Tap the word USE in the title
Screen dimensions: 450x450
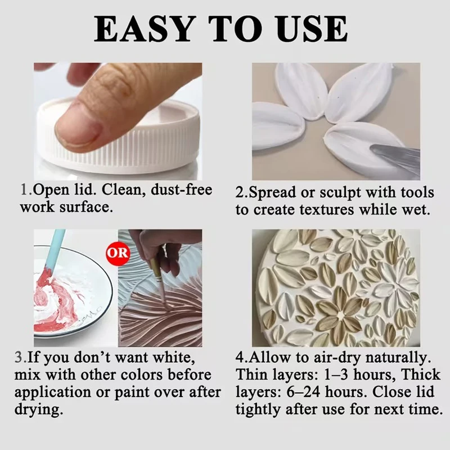[x=312, y=29]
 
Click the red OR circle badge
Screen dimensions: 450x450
[x=118, y=253]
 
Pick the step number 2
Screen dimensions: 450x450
[x=240, y=192]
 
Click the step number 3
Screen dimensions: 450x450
[x=19, y=358]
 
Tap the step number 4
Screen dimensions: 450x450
[x=240, y=358]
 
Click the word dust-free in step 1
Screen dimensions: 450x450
[x=181, y=190]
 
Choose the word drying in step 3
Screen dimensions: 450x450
[x=39, y=410]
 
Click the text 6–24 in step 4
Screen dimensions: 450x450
[x=303, y=392]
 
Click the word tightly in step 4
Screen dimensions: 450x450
[x=258, y=410]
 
